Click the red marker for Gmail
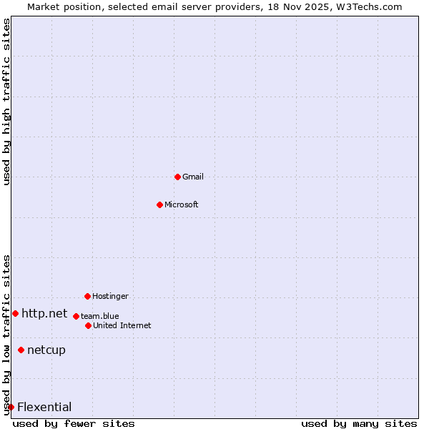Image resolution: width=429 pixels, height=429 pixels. pos(177,177)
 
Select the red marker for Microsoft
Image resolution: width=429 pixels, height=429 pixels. pos(159,204)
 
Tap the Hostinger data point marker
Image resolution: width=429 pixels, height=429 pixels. pos(87,296)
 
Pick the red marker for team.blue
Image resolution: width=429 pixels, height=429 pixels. pos(76,316)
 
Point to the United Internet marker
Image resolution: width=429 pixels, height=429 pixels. pos(88,325)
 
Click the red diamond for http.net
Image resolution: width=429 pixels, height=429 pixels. pos(15,313)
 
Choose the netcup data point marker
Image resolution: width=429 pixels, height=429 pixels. pos(21,350)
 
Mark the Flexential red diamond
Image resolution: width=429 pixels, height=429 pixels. pos(11,407)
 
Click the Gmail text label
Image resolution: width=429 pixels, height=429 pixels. pos(193,177)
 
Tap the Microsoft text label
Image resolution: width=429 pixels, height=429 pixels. pos(182,204)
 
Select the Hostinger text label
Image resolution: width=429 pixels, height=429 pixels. pos(110,296)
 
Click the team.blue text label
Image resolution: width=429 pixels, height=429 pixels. pos(100,316)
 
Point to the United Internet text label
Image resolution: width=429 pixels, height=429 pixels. pos(122,325)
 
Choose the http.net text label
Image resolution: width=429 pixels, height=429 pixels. pos(44,313)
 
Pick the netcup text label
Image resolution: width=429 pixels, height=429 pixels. pos(46,350)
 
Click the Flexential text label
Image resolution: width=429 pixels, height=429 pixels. pos(44,407)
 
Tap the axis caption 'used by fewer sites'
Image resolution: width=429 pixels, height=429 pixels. pos(74,423)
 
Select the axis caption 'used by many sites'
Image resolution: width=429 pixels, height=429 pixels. pos(359,423)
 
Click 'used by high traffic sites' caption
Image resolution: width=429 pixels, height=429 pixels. pos(6,102)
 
